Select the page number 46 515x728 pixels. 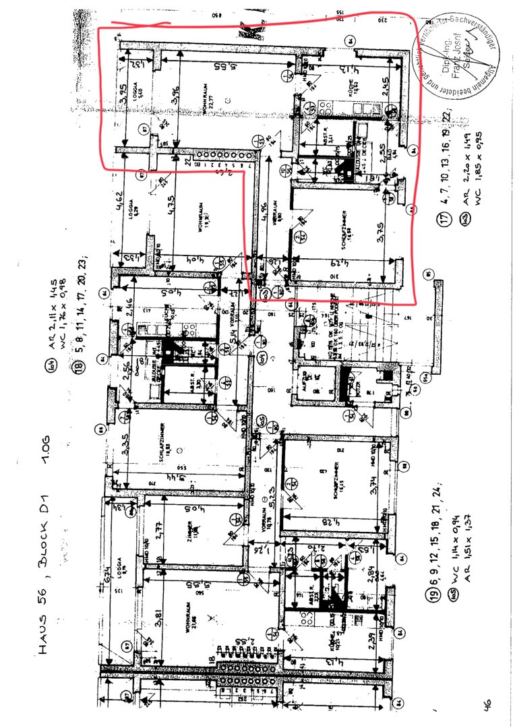(486, 704)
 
